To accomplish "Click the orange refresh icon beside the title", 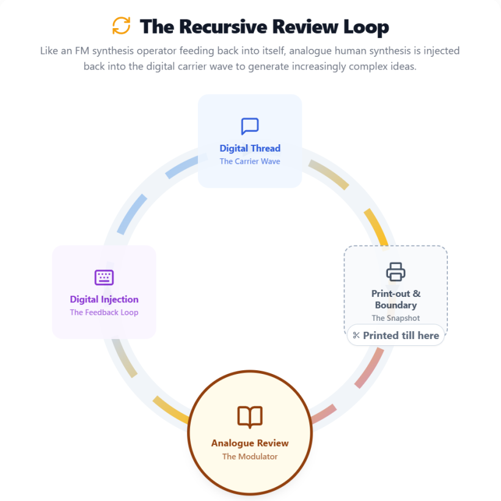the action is point(122,26).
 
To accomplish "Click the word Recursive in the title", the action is point(223,26).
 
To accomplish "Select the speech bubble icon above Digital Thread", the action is point(250,126).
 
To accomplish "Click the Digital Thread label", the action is point(250,148).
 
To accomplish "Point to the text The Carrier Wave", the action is point(250,161).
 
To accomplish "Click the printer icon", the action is point(395,272).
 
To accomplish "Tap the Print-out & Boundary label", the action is point(395,299).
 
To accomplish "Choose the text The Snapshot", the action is point(395,318).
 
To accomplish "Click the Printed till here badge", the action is point(395,335).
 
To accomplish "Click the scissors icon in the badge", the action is point(356,335).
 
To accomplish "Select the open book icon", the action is point(250,417).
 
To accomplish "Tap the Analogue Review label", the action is point(250,443).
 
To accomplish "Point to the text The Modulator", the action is point(250,456).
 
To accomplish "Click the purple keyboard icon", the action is point(104,277).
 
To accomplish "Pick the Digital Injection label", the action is point(104,299).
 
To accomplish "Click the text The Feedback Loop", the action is point(104,312).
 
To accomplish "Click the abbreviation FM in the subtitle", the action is point(82,51).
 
